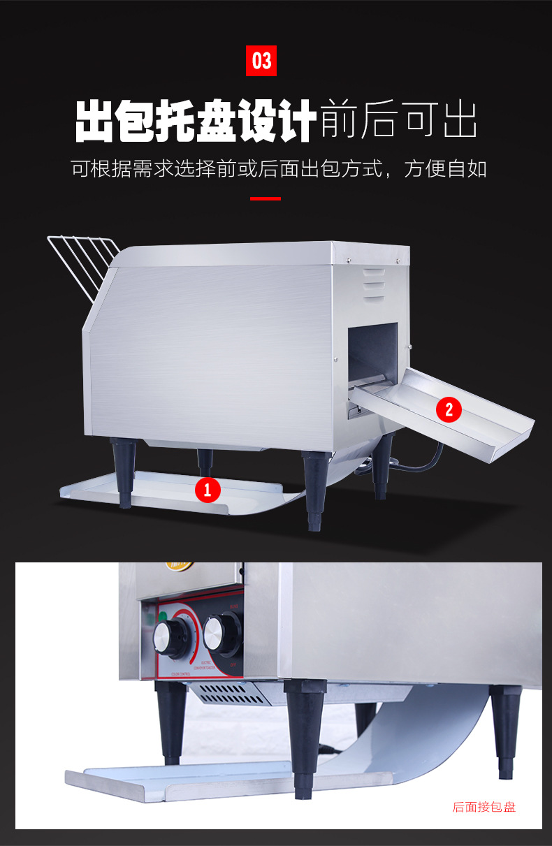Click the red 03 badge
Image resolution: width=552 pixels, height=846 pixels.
click(261, 61)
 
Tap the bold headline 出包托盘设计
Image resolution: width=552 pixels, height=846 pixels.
click(196, 121)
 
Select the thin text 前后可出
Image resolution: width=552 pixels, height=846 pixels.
click(398, 121)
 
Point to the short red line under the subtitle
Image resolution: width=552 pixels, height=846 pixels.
click(265, 199)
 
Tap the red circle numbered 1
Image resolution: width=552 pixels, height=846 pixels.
click(207, 488)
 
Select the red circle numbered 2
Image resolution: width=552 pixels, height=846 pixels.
click(449, 409)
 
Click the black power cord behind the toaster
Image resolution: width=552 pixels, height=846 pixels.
click(426, 460)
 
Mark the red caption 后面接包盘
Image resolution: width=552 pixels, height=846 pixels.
click(484, 807)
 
